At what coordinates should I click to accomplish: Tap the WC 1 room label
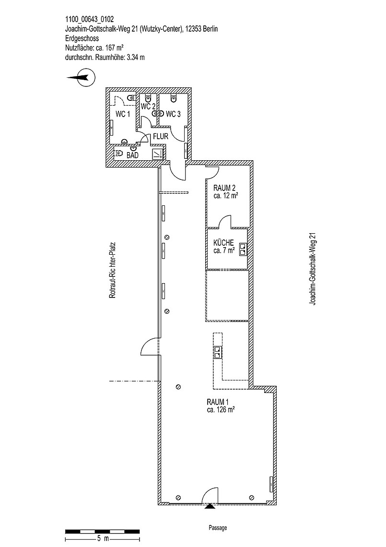coord(123,114)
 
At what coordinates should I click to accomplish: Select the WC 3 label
coord(173,114)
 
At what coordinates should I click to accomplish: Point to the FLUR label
coord(161,136)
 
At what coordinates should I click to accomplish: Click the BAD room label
coord(132,155)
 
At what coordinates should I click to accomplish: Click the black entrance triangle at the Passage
coord(209,506)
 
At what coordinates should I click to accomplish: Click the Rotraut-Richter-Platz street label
coord(112,270)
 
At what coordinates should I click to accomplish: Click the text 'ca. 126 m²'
coord(221,410)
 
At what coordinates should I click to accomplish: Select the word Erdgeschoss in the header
coord(82,39)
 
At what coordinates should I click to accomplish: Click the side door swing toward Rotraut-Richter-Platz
coord(150,346)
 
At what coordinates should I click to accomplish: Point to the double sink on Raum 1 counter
coord(218,352)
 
